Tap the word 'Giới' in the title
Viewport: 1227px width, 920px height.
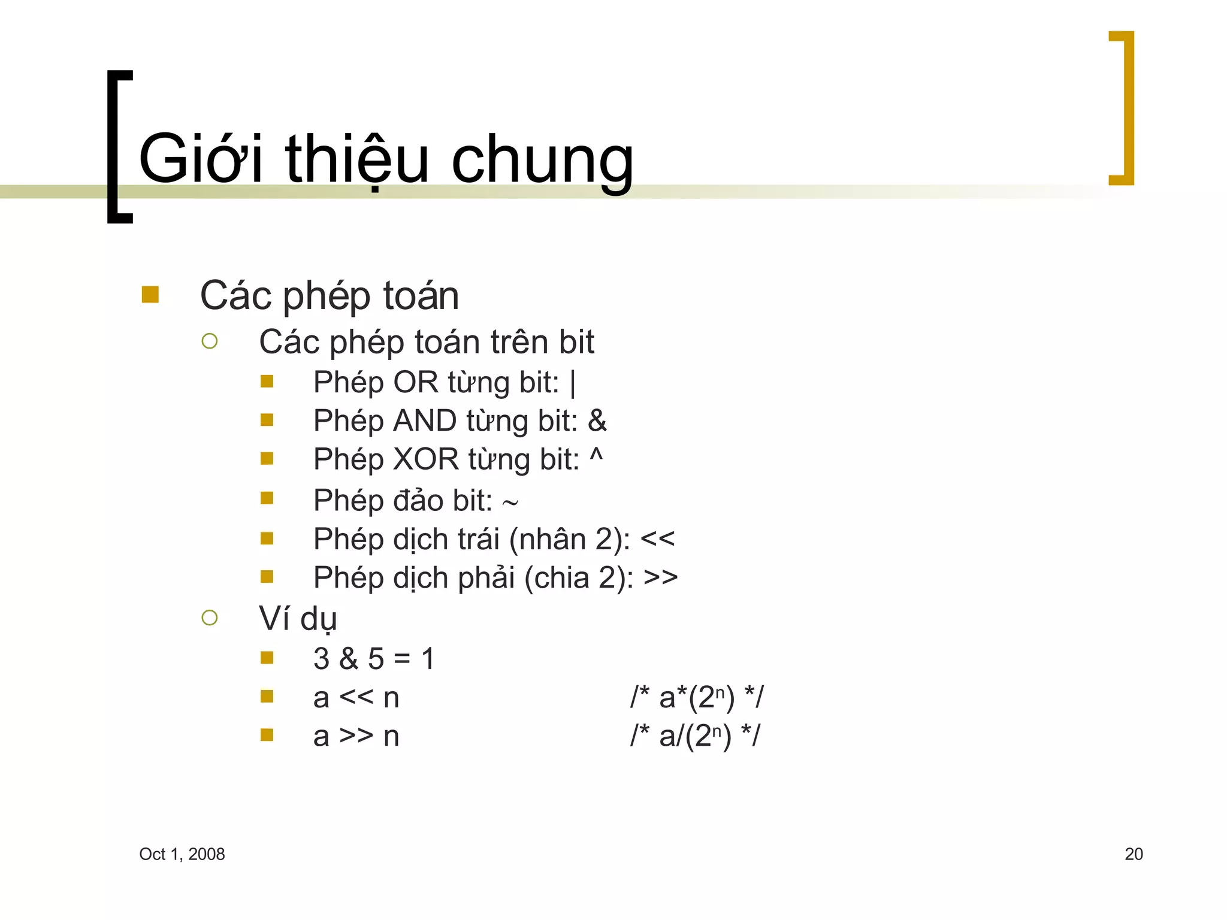click(201, 159)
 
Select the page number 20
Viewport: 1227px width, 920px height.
click(1134, 854)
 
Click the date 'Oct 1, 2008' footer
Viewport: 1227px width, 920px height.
click(182, 854)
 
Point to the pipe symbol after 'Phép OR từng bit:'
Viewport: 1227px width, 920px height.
click(573, 383)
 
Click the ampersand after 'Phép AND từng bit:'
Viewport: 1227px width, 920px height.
click(597, 420)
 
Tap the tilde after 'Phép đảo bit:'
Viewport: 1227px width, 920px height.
click(510, 502)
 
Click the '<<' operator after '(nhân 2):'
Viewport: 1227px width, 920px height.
click(657, 539)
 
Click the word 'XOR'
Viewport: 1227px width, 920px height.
click(425, 459)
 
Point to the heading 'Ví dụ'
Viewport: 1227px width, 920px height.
click(298, 619)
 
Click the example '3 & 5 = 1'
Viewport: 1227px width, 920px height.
click(374, 659)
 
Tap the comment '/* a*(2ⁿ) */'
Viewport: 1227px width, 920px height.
click(697, 697)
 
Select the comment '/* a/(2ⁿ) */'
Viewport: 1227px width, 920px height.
click(695, 736)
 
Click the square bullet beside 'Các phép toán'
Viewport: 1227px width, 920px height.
click(150, 295)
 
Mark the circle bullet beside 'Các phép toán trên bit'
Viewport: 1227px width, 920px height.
click(210, 341)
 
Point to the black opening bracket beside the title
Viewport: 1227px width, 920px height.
click(119, 147)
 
